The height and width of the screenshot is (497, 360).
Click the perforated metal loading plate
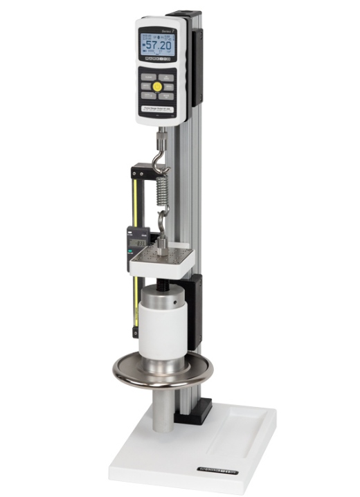(x=165, y=261)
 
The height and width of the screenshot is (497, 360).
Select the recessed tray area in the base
(x=235, y=433)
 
